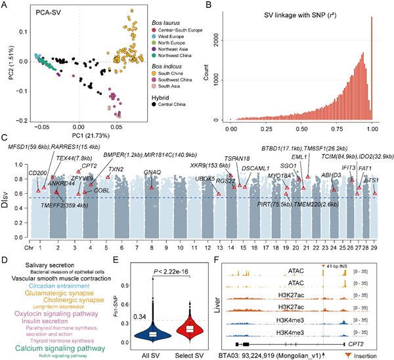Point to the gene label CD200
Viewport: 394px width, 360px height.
tap(28, 173)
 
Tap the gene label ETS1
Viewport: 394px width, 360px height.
tap(371, 180)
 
